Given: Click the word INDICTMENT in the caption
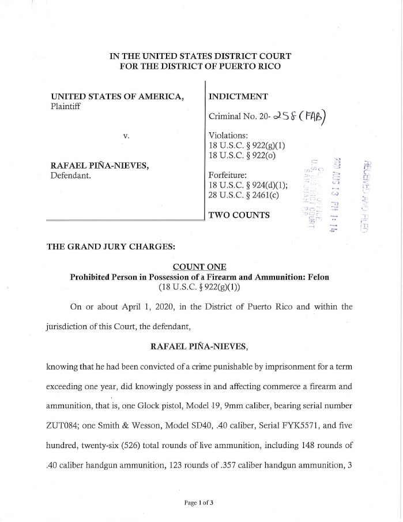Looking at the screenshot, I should point(238,97).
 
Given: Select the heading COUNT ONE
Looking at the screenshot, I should point(199,266).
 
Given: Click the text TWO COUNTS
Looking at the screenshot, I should point(239,215).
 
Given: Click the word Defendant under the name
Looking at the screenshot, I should point(71,176).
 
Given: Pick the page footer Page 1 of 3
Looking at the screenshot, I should point(199,502).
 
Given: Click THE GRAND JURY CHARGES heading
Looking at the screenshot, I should point(103,247).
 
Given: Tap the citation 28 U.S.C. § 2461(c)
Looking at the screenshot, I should point(243,195).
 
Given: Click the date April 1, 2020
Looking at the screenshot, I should point(127,307).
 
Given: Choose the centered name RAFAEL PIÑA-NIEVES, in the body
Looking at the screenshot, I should point(199,346).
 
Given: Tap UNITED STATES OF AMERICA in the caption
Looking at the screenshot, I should point(118,97).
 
